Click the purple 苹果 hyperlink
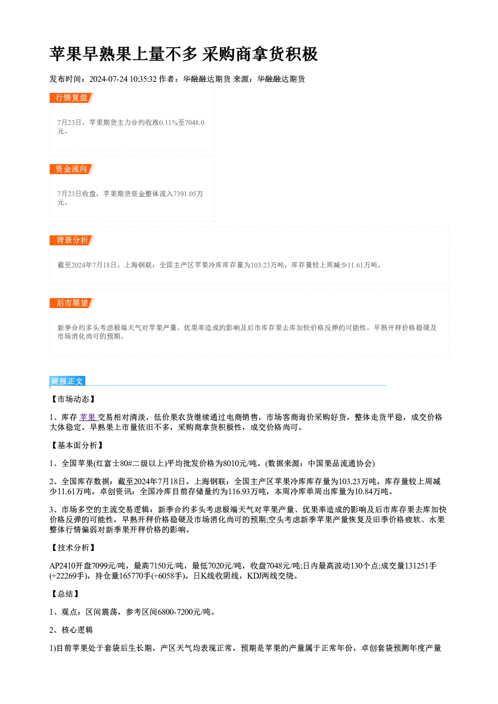tap(88, 417)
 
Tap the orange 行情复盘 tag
tap(71, 98)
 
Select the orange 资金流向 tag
tap(71, 169)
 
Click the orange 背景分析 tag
tap(71, 240)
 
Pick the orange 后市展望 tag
tap(71, 303)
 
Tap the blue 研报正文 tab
tap(67, 381)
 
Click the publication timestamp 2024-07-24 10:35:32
tap(123, 79)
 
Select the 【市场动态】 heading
tap(73, 399)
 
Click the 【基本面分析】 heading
tap(77, 445)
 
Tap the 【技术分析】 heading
tap(73, 547)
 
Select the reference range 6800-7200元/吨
tap(184, 612)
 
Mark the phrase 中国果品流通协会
tap(340, 463)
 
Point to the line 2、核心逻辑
tap(71, 630)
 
